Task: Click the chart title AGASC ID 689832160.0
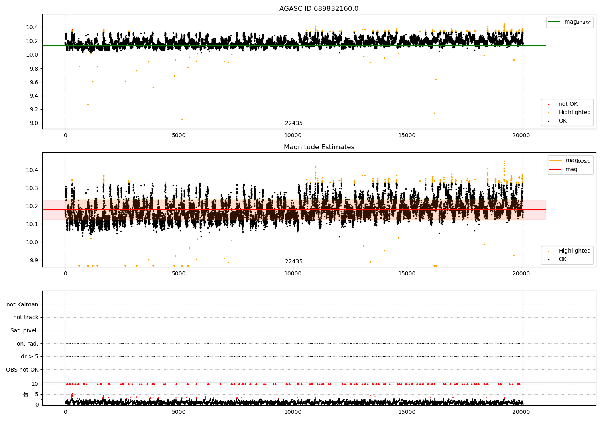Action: (x=319, y=9)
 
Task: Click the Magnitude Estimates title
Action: (x=319, y=147)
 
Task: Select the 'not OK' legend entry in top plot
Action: (x=568, y=104)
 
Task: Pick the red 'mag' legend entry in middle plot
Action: (x=571, y=169)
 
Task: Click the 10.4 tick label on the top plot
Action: (x=32, y=27)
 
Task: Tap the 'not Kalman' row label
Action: (x=22, y=304)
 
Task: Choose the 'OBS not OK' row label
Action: (x=22, y=370)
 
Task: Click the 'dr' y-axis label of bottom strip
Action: (x=26, y=394)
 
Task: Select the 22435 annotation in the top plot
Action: (x=294, y=123)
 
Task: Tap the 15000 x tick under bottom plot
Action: (x=407, y=412)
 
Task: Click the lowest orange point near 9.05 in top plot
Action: (x=182, y=119)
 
